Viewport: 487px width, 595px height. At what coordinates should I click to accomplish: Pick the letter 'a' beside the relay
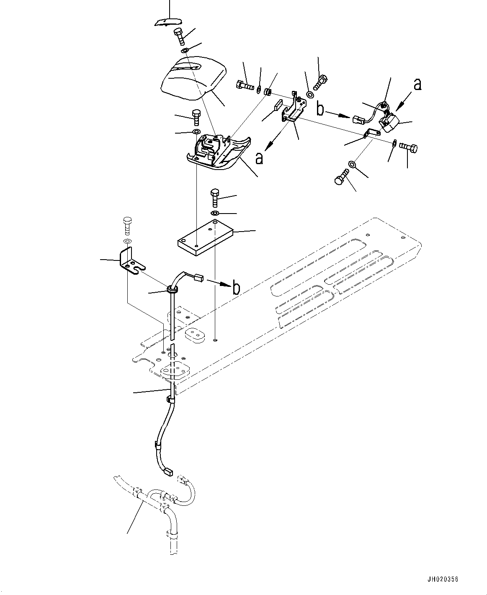pyautogui.click(x=417, y=85)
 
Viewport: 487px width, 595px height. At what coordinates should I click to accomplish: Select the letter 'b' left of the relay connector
pyautogui.click(x=321, y=110)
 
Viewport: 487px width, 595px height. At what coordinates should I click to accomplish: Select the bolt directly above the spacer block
pyautogui.click(x=215, y=198)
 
